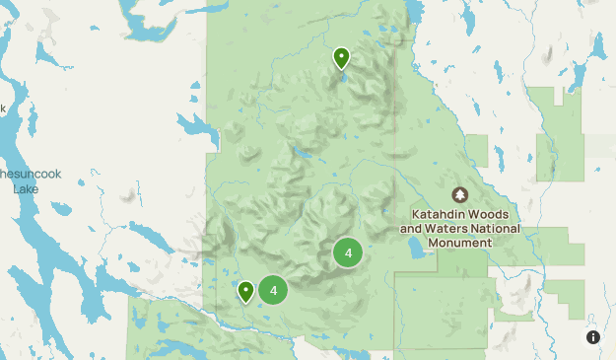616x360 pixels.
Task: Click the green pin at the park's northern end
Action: click(x=341, y=58)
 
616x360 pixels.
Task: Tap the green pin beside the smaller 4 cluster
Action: click(x=245, y=290)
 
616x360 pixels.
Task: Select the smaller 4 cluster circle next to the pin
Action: click(x=273, y=290)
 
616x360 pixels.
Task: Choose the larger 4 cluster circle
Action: click(x=348, y=252)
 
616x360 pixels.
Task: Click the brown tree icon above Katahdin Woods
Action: click(x=459, y=195)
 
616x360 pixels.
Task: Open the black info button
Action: click(x=593, y=337)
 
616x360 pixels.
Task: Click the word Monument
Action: click(x=460, y=243)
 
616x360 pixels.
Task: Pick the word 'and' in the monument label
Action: click(x=412, y=229)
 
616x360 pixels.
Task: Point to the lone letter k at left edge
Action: click(x=3, y=108)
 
